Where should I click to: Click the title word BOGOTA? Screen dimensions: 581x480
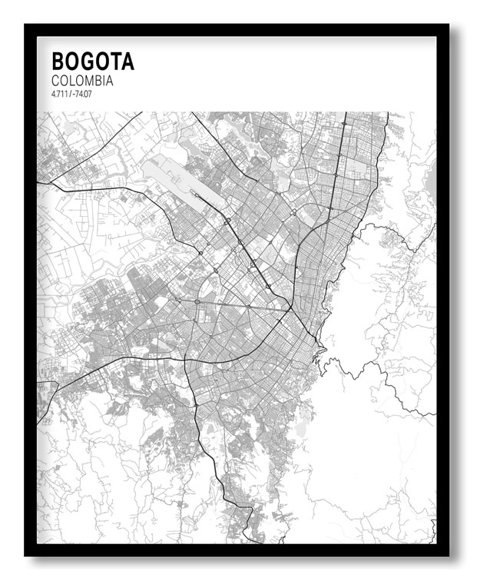tap(93, 61)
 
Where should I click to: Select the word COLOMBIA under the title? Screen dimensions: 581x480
tap(82, 80)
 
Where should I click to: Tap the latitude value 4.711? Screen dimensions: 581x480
tap(59, 94)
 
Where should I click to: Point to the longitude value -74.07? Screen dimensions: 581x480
tap(81, 94)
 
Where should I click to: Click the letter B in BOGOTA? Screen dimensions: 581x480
tap(58, 61)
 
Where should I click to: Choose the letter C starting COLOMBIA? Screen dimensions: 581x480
tap(56, 80)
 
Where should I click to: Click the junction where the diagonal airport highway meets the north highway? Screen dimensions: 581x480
tap(290, 309)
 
